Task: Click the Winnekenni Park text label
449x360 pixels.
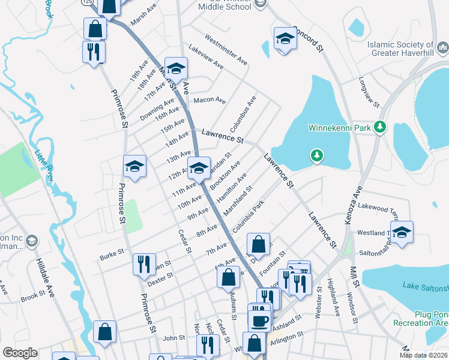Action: point(340,128)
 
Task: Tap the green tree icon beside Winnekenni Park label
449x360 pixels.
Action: point(379,127)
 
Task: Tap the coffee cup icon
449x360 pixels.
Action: point(259,320)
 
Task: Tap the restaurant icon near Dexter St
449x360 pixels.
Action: point(143,263)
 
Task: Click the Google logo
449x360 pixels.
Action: point(20,353)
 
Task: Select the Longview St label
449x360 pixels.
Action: point(369,92)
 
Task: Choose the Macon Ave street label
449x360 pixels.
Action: point(209,100)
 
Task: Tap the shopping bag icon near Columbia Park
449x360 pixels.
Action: point(258,244)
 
